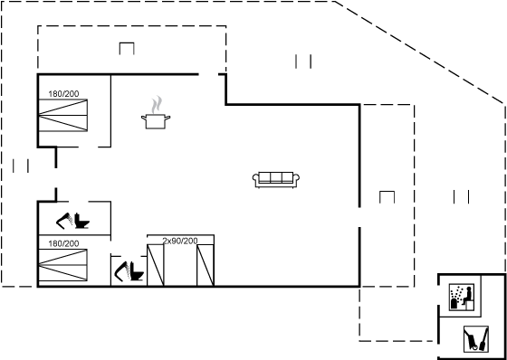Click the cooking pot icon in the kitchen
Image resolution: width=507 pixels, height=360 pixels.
[156, 121]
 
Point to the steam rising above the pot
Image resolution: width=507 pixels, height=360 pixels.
[157, 104]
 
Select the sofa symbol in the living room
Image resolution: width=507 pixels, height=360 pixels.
[276, 180]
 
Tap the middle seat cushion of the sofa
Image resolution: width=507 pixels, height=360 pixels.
[276, 177]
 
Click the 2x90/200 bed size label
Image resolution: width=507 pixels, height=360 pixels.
[180, 241]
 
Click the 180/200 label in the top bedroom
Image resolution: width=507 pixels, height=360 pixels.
[63, 94]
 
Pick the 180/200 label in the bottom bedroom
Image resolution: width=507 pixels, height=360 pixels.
[63, 243]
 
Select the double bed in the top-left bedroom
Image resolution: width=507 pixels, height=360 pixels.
[63, 116]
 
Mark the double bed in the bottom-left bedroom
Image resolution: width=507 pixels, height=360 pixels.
[63, 265]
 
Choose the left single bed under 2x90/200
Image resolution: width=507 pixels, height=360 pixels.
[156, 265]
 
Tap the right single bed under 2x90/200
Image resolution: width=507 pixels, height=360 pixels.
[206, 265]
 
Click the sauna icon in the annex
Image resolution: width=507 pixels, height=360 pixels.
[462, 297]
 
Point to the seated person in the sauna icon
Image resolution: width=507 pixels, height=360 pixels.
[467, 296]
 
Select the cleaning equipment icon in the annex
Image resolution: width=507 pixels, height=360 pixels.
[476, 339]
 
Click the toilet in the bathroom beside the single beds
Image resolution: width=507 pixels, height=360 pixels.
[137, 271]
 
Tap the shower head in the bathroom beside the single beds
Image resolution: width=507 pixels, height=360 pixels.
[122, 270]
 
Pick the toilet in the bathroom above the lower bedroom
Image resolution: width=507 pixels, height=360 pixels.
[81, 221]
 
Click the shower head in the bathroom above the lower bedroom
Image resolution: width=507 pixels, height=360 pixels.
[64, 221]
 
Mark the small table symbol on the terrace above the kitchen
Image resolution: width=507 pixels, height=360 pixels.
[127, 49]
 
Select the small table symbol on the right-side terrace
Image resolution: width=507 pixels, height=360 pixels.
[387, 197]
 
